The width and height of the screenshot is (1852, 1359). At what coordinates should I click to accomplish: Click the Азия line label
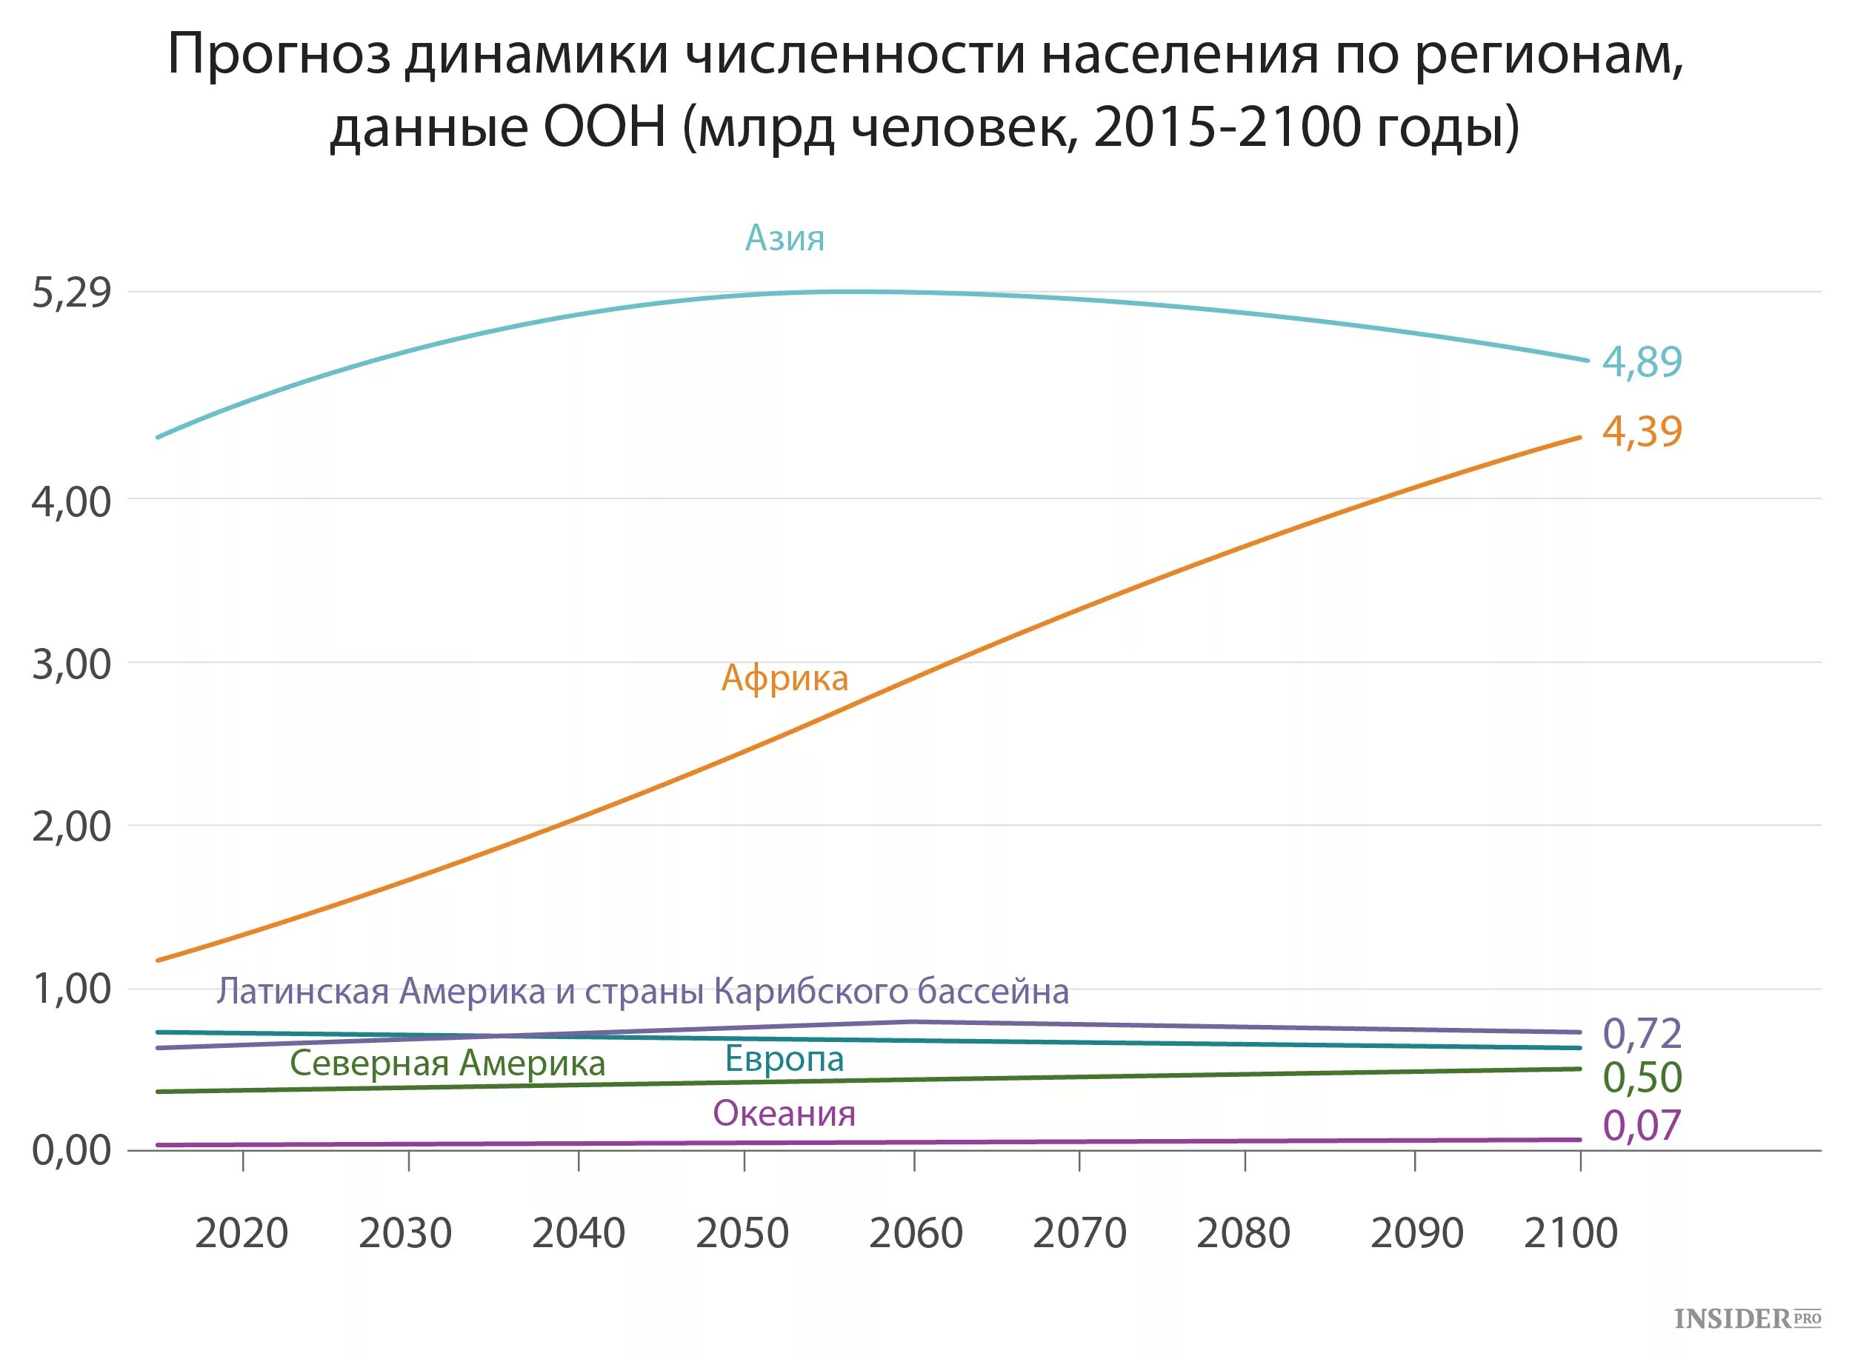coord(784,238)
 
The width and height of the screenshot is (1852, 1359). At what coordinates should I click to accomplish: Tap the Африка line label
coord(784,678)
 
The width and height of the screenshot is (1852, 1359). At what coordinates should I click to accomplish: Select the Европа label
coord(784,1060)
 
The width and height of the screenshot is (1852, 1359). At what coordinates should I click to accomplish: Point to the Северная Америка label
coord(447,1064)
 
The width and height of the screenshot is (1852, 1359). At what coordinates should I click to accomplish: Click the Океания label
coord(784,1114)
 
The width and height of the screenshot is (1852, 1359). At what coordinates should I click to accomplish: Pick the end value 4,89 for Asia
coord(1642,362)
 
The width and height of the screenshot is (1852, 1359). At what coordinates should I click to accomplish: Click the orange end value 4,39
coord(1642,432)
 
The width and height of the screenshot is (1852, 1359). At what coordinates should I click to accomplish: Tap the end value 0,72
coord(1642,1034)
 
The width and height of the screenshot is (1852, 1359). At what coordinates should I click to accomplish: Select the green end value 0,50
coord(1642,1078)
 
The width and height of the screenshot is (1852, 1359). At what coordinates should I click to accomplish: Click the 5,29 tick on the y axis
coord(72,293)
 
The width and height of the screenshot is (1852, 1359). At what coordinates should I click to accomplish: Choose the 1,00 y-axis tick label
coord(72,989)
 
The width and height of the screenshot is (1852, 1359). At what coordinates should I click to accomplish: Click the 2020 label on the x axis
coord(242,1233)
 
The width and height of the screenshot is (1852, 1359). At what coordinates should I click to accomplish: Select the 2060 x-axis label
coord(916,1233)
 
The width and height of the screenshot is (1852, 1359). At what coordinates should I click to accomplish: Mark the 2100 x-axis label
coord(1570,1233)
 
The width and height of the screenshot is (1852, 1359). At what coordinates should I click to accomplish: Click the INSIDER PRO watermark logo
coord(1747,1319)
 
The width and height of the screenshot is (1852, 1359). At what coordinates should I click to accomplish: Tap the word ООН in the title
coord(604,128)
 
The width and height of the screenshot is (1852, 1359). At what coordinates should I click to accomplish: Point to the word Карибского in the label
coord(810,992)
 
